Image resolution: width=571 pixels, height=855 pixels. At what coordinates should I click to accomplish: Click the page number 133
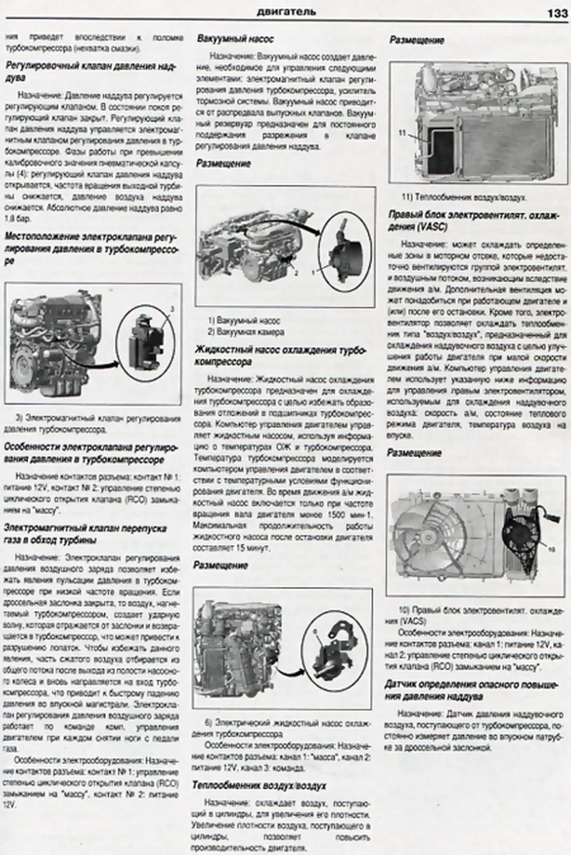click(x=557, y=13)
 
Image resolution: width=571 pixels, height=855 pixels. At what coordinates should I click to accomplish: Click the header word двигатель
click(x=286, y=12)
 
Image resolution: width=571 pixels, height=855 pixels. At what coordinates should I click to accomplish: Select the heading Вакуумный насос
click(x=235, y=39)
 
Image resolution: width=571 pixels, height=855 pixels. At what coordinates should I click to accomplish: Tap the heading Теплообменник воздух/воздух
click(x=259, y=785)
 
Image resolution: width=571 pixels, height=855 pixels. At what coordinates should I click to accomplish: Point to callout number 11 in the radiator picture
click(x=402, y=132)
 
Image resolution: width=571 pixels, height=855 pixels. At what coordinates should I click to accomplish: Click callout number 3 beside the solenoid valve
click(x=172, y=309)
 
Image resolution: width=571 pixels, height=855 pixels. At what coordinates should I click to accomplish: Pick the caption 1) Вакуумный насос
click(x=244, y=321)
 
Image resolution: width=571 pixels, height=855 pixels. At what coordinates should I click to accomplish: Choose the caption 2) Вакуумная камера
click(x=246, y=332)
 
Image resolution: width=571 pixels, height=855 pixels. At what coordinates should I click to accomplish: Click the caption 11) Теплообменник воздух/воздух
click(x=463, y=198)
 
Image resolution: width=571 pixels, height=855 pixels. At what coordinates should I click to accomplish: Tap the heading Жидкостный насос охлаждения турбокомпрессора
click(x=280, y=356)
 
